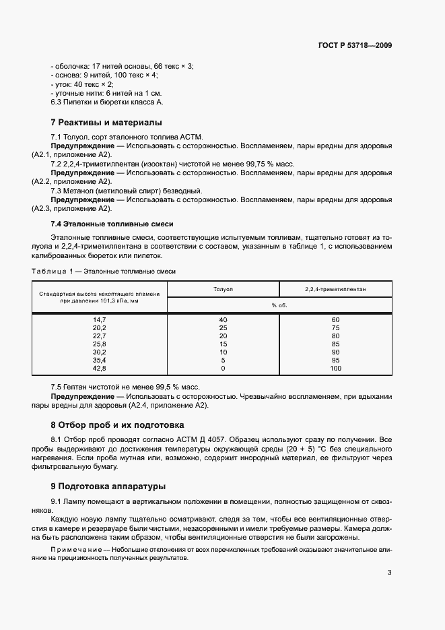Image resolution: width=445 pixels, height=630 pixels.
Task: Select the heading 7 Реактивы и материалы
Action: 106,123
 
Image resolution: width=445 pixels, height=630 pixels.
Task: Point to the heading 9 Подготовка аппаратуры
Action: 108,486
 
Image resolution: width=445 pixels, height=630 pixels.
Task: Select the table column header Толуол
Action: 223,288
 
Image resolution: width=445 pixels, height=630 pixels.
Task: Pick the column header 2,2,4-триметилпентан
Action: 335,288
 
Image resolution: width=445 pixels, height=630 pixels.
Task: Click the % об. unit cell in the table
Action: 279,305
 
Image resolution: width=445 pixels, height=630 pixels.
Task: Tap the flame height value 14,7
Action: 100,319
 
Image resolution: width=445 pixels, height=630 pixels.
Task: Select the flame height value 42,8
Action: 100,369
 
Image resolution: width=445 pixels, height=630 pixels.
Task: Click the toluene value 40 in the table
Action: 223,319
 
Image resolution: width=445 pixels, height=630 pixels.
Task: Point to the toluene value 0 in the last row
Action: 223,369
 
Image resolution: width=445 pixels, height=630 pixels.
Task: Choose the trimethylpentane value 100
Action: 335,369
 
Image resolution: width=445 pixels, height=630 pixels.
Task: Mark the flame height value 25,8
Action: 100,344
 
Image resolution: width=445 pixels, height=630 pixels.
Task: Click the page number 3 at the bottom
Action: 389,573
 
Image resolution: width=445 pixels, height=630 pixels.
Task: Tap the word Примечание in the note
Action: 74,550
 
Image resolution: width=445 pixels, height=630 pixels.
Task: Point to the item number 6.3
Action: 57,102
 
